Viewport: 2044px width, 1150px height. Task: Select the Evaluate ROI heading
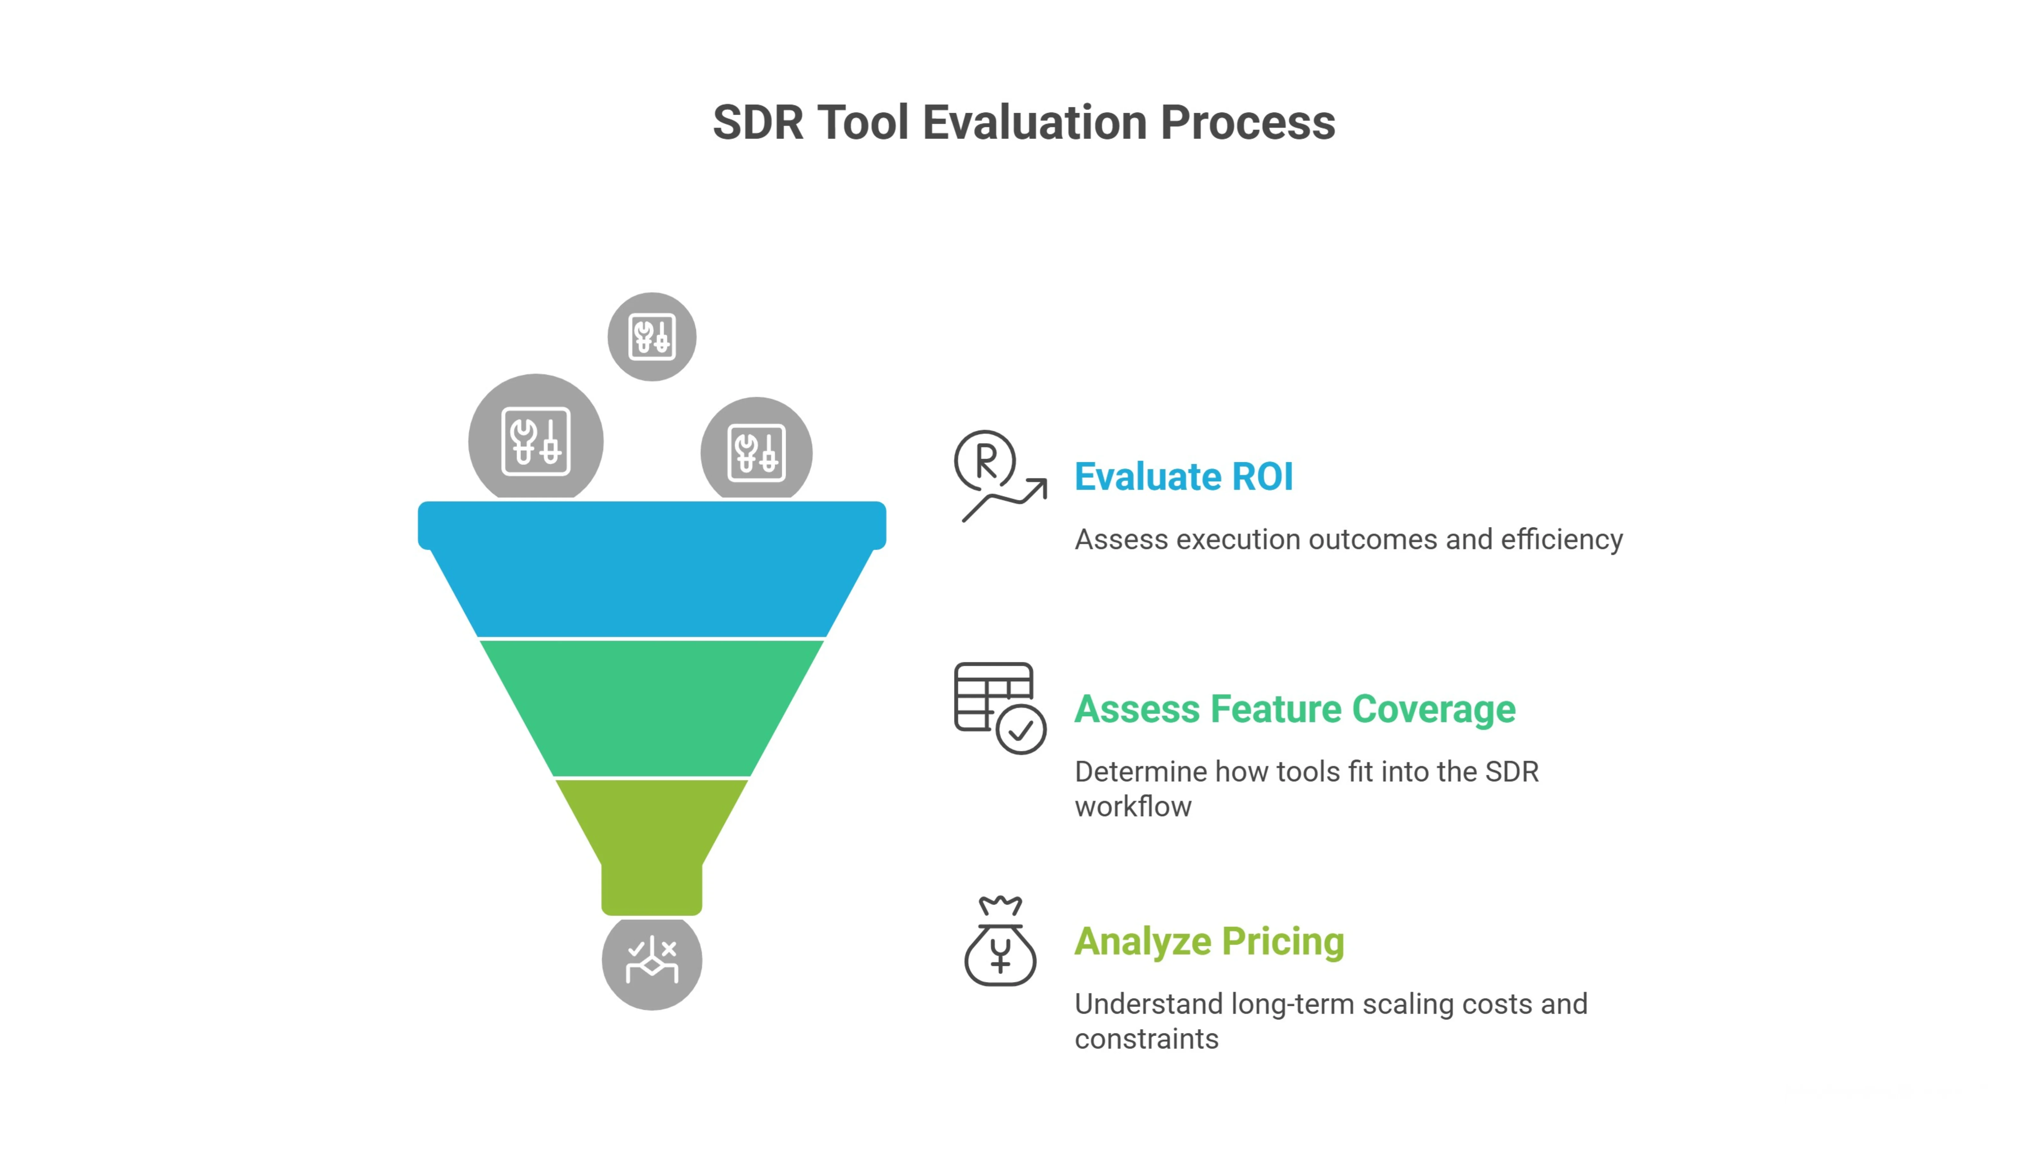point(1183,477)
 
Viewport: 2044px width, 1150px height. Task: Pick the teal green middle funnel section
point(652,706)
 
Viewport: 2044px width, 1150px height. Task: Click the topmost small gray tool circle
point(652,336)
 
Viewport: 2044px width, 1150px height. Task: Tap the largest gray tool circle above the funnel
point(536,441)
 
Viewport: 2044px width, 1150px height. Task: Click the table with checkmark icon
point(999,707)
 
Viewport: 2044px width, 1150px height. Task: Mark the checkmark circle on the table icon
point(1021,729)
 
